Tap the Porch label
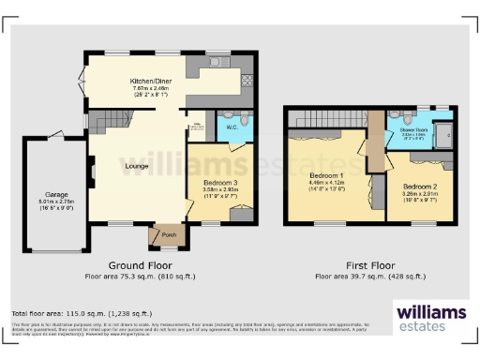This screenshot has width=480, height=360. (x=169, y=234)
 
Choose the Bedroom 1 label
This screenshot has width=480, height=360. (x=328, y=176)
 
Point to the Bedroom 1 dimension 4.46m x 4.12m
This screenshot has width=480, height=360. (x=328, y=185)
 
